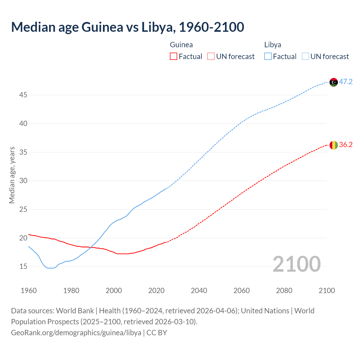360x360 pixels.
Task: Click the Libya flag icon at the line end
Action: pyautogui.click(x=334, y=82)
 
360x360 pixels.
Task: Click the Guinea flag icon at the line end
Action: pyautogui.click(x=334, y=145)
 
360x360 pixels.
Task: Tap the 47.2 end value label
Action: pyautogui.click(x=346, y=82)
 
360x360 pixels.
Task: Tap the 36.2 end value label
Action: pyautogui.click(x=346, y=145)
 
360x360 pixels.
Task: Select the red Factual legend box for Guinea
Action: pyautogui.click(x=174, y=57)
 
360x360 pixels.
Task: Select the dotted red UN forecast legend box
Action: pyautogui.click(x=211, y=57)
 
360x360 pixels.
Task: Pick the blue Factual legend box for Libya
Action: pyautogui.click(x=268, y=57)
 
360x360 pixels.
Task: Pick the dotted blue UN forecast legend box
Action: pyautogui.click(x=305, y=57)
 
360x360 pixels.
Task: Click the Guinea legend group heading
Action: pyautogui.click(x=181, y=45)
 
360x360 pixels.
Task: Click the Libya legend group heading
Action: pyautogui.click(x=273, y=45)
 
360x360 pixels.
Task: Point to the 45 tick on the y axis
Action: pyautogui.click(x=23, y=95)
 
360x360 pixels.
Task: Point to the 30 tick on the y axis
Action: pyautogui.click(x=23, y=181)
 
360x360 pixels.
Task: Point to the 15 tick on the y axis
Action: pyautogui.click(x=23, y=267)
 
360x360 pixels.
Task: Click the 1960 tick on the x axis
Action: pyautogui.click(x=29, y=291)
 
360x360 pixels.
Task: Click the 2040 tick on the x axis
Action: pyautogui.click(x=199, y=291)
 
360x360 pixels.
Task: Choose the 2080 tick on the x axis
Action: pyautogui.click(x=284, y=291)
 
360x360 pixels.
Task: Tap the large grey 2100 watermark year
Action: pyautogui.click(x=296, y=264)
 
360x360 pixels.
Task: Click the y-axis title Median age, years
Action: pyautogui.click(x=12, y=175)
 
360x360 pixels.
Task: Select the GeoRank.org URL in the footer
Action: pyautogui.click(x=76, y=333)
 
